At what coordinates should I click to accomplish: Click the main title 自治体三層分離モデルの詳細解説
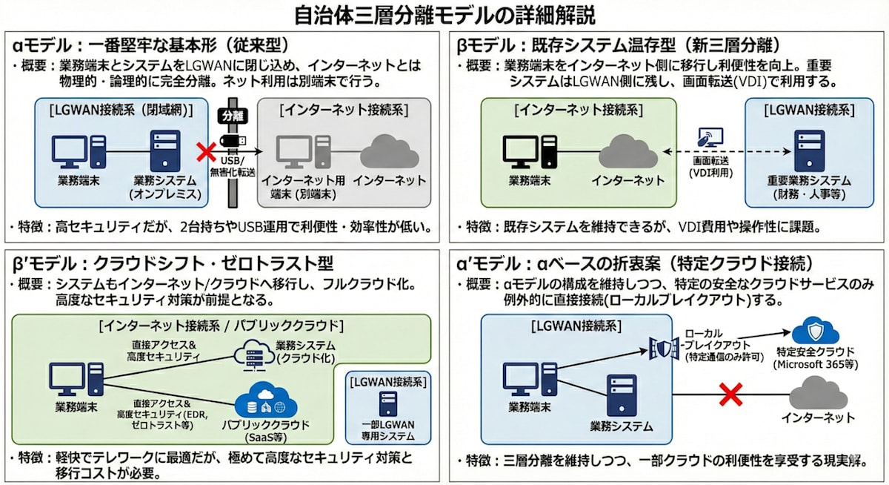[444, 15]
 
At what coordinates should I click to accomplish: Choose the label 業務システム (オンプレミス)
[165, 187]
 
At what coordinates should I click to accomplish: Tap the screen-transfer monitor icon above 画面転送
[710, 138]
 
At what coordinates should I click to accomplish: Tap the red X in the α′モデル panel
[731, 394]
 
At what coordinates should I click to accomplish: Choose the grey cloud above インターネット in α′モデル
[817, 392]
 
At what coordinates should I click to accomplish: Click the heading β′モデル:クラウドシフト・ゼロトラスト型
[170, 263]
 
